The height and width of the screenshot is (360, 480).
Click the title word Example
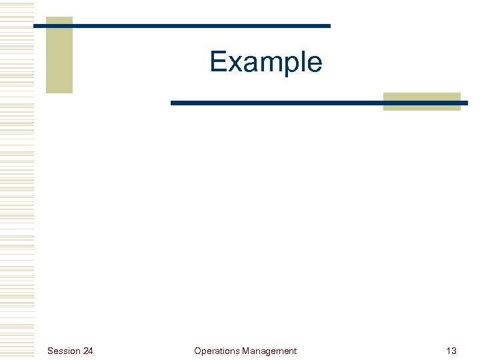pos(266,62)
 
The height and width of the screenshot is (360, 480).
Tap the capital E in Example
pos(219,62)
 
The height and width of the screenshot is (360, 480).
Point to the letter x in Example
pos(234,64)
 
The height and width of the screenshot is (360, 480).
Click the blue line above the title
pos(181,26)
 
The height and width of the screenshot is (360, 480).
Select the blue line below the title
pos(319,103)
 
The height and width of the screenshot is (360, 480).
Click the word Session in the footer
pos(63,351)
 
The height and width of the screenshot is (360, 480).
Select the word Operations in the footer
pos(217,351)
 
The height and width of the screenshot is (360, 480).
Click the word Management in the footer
pos(269,351)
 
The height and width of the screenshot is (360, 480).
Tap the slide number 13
pos(451,351)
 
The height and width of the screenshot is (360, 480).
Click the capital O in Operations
pos(197,351)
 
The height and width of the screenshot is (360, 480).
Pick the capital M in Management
pos(246,351)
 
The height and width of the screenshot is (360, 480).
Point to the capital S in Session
pos(50,351)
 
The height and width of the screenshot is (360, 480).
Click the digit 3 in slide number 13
pos(454,351)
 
